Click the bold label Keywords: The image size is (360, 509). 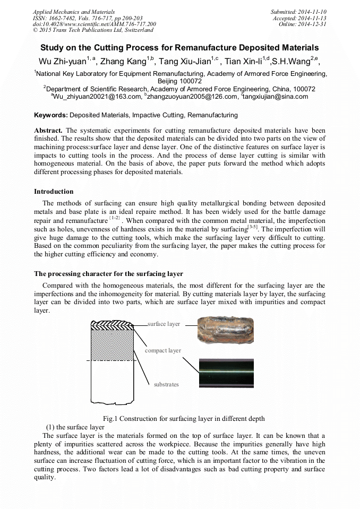click(x=51, y=115)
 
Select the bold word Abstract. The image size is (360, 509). click(x=49, y=131)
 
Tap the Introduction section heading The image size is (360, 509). click(x=54, y=192)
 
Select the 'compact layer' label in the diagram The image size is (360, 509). click(x=163, y=350)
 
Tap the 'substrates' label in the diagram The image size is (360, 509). click(x=166, y=384)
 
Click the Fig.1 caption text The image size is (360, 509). click(x=179, y=418)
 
